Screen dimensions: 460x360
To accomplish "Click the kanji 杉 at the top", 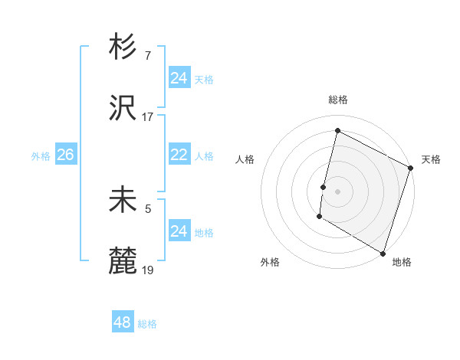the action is point(123,47).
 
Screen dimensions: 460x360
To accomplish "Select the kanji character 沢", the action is point(123,110).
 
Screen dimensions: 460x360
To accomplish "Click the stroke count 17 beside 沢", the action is point(148,117).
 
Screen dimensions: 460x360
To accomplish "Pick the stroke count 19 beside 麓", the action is point(148,270).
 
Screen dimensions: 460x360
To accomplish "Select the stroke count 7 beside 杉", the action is point(147,55).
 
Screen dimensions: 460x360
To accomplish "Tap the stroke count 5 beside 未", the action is point(147,207).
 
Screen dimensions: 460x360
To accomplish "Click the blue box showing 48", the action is point(123,322).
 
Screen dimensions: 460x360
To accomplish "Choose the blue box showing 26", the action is point(65,155).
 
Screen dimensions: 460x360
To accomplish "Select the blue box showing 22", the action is point(179,155).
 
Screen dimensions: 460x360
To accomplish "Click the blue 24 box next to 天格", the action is point(179,78).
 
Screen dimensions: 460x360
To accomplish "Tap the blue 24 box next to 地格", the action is point(179,231).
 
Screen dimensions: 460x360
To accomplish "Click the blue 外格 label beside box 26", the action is point(41,156).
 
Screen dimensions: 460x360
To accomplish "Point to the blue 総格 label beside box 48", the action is point(147,324).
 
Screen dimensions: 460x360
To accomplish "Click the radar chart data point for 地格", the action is point(383,253).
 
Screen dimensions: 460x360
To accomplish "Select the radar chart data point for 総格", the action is point(337,131).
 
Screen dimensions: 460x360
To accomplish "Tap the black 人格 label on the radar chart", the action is point(245,159).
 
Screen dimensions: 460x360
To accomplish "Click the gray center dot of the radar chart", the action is point(337,191).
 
